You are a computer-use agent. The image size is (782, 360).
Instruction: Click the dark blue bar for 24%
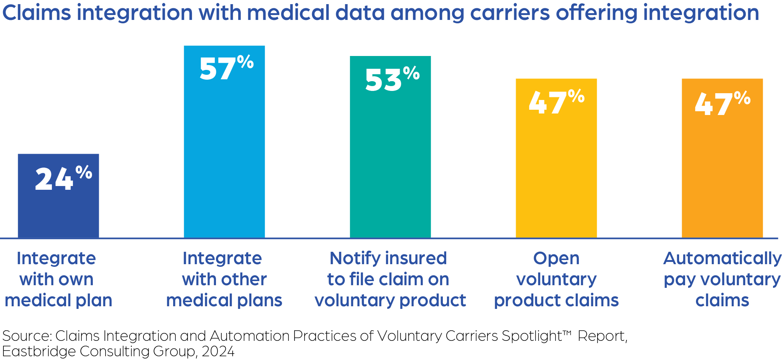click(58, 210)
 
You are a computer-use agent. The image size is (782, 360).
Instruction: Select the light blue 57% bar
click(224, 158)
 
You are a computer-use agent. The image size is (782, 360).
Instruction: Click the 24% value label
click(63, 178)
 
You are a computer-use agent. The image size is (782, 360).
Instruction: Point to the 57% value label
click(226, 68)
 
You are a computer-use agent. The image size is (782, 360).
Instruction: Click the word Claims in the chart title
click(36, 13)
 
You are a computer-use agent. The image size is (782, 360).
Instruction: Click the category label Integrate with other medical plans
click(224, 279)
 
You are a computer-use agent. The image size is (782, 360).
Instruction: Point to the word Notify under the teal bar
click(355, 259)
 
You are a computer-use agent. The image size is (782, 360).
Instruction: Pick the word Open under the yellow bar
click(556, 259)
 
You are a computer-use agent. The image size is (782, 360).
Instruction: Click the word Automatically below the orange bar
click(722, 259)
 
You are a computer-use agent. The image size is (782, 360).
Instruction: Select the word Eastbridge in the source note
click(39, 351)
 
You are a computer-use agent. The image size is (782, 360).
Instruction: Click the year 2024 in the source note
click(218, 351)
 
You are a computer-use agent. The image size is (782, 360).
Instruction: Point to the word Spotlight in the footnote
click(533, 336)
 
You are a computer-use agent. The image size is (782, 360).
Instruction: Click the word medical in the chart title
click(288, 13)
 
